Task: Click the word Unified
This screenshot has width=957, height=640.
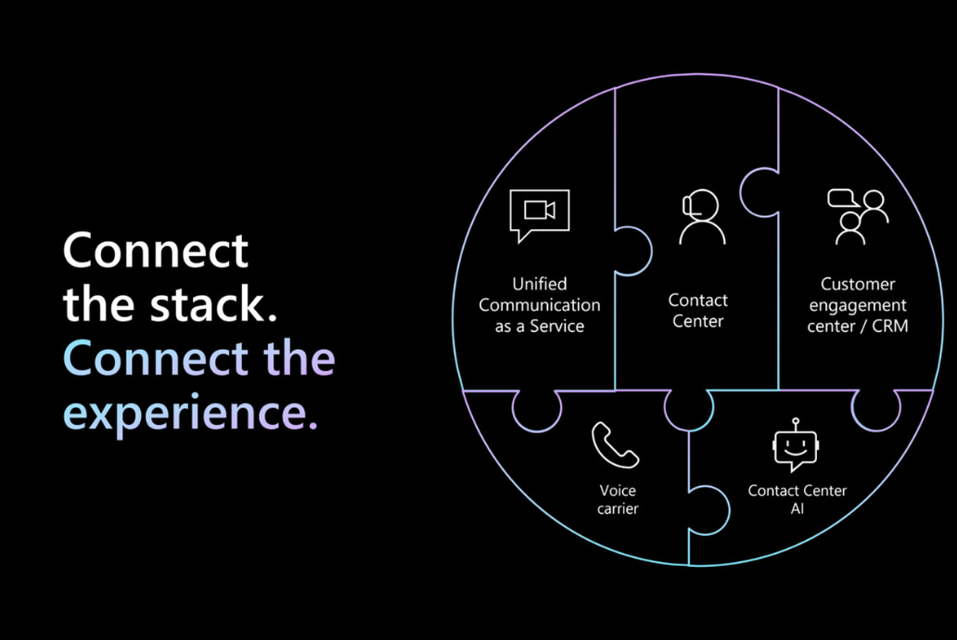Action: [x=540, y=284]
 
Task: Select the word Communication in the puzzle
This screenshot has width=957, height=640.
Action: [x=540, y=305]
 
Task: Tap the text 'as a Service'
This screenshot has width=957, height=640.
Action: [x=540, y=326]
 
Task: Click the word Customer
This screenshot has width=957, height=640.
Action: [x=858, y=284]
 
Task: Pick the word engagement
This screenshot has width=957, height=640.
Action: [x=858, y=305]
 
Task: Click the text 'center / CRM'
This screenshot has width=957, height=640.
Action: [x=858, y=326]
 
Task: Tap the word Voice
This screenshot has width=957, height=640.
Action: [x=618, y=491]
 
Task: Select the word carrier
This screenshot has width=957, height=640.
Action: [x=618, y=508]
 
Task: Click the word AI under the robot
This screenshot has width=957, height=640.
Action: [x=797, y=508]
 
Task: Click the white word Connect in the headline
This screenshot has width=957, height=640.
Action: [x=156, y=250]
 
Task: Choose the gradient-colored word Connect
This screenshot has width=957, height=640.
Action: [x=156, y=358]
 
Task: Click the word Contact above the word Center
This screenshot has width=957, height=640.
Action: [x=698, y=301]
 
